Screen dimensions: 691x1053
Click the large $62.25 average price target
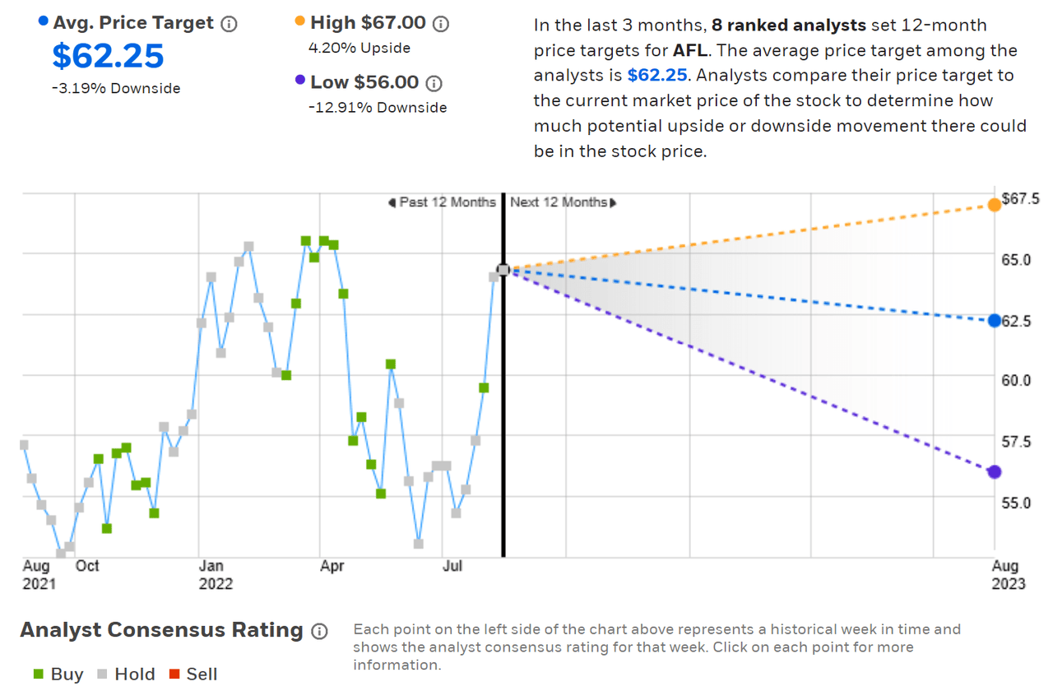coord(109,56)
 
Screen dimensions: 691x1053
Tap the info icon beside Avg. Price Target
coord(230,24)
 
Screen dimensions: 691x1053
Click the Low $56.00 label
coord(364,82)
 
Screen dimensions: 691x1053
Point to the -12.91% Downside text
coord(378,107)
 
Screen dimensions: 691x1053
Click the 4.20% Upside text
coord(360,48)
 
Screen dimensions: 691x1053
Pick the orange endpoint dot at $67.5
coord(995,204)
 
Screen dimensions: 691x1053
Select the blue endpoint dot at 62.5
coord(995,320)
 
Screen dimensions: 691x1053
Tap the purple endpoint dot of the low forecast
coord(995,471)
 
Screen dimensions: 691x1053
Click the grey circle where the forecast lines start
coord(503,270)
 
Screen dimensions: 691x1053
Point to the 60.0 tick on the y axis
coord(1016,380)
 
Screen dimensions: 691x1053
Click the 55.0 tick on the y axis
coord(1016,501)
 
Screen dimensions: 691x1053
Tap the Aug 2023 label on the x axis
coord(1008,574)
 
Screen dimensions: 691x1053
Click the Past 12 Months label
coord(447,202)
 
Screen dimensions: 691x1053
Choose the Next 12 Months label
coord(559,202)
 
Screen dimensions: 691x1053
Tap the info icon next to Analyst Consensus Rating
coord(320,632)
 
